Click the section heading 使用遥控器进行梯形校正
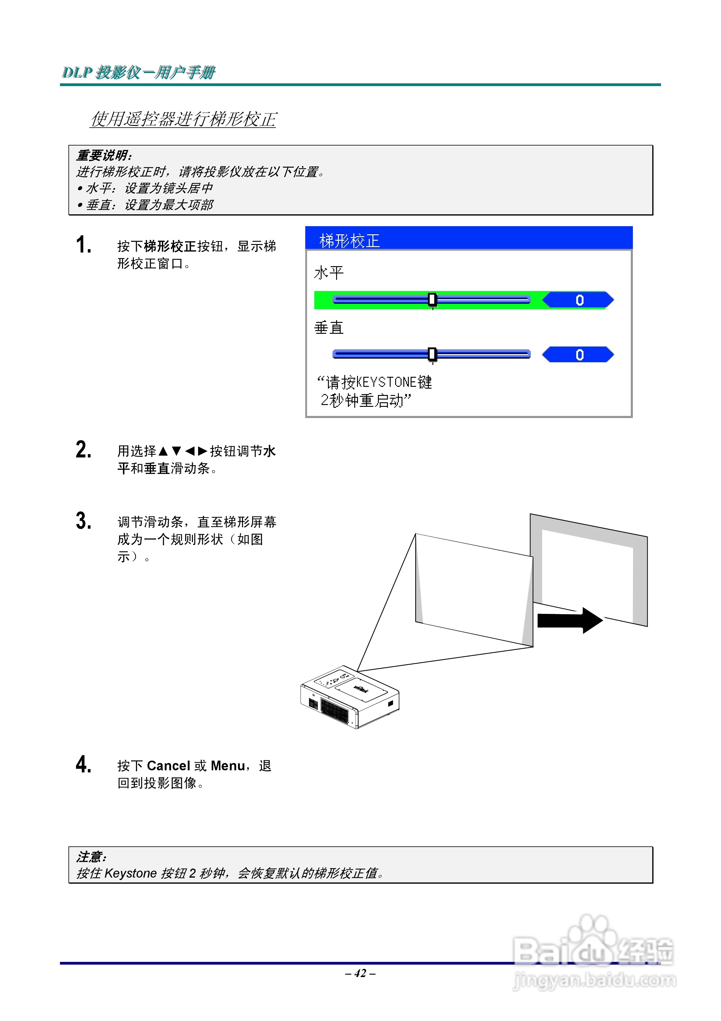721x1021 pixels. (x=183, y=119)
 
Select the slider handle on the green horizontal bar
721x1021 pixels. (x=432, y=300)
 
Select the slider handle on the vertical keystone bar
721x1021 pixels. (x=432, y=354)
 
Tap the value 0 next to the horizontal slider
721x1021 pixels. (x=579, y=300)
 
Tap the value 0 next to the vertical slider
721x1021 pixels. (x=579, y=355)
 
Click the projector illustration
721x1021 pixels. (x=350, y=697)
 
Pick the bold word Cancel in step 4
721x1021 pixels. (x=168, y=766)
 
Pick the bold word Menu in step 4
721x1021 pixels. (x=227, y=766)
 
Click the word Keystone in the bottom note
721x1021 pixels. (x=131, y=873)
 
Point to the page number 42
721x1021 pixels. (x=360, y=973)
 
